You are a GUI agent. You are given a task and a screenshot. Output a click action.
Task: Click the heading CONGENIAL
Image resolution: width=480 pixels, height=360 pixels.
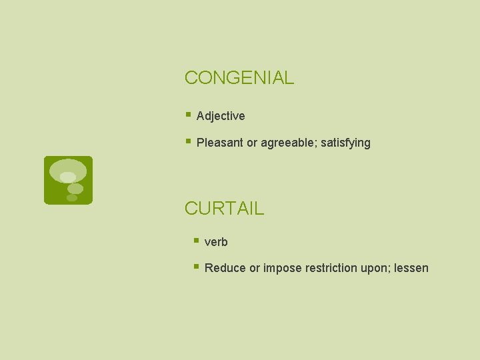tap(239, 78)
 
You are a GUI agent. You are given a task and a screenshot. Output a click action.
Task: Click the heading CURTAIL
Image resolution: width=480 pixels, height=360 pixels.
tap(224, 208)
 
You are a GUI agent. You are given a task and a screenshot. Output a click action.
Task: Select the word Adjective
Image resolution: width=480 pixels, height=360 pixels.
tap(221, 116)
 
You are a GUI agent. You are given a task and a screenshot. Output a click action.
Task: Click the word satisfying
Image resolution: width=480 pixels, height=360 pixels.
tap(345, 143)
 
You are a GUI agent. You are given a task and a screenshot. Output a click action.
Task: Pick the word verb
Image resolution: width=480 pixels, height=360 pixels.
tap(216, 242)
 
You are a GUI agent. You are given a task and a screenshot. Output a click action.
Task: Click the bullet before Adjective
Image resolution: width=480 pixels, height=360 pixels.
tap(189, 115)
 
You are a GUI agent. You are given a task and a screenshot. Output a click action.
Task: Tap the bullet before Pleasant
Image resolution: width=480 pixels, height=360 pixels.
tap(189, 141)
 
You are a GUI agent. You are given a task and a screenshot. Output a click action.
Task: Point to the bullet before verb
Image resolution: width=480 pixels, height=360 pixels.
tap(196, 241)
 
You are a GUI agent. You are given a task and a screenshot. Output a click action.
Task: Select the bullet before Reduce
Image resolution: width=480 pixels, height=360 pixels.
tap(196, 267)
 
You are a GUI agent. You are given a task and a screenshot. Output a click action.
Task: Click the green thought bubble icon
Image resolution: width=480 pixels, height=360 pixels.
tap(68, 180)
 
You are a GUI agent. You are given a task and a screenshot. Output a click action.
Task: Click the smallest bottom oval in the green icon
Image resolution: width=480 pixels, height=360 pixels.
tap(72, 198)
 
